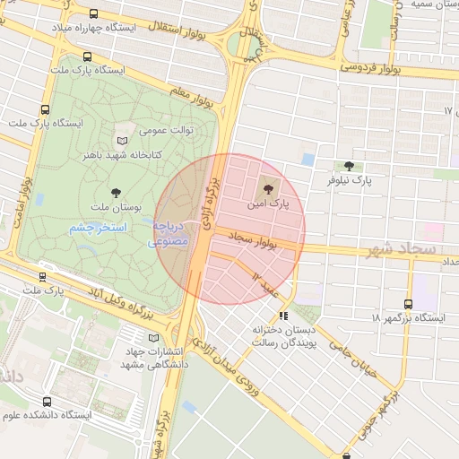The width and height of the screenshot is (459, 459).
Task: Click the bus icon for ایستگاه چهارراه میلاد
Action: coord(95,14)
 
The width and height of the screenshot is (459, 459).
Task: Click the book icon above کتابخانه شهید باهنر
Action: coord(122,140)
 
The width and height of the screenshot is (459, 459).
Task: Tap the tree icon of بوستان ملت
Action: coord(116,192)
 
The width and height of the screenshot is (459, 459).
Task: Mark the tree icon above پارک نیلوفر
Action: coord(349,166)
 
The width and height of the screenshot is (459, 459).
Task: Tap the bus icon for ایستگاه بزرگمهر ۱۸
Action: coord(410,304)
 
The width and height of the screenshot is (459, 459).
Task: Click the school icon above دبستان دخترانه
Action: coord(283,315)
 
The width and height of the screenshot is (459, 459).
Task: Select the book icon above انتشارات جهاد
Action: coord(152,337)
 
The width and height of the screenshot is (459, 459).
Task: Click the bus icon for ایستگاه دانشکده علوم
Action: coord(47,402)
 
